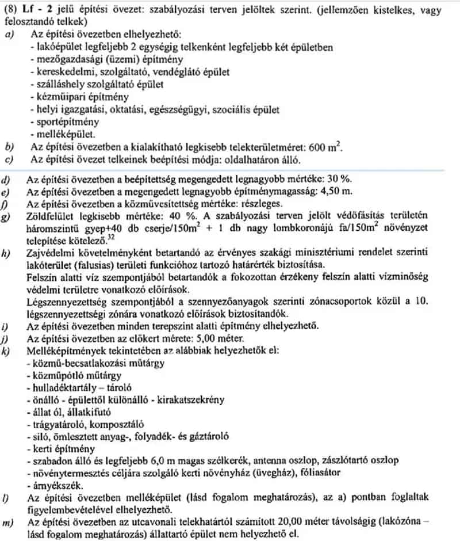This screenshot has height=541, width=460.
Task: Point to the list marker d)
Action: click(7, 180)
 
